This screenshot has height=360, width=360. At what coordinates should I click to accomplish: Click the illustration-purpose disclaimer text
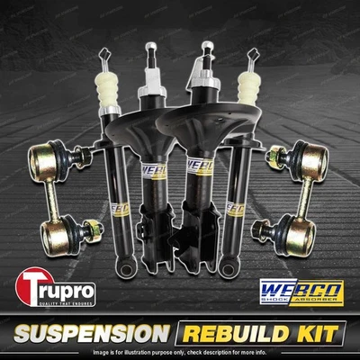180,351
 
